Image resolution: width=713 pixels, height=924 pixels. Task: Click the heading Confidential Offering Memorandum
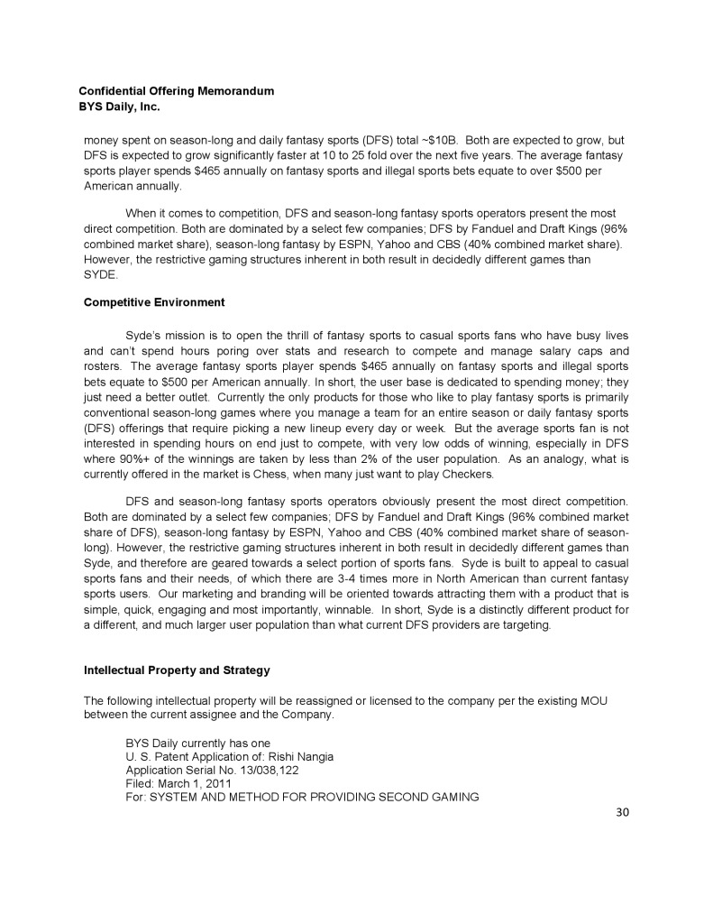[176, 91]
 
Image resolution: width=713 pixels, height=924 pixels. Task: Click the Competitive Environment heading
[154, 301]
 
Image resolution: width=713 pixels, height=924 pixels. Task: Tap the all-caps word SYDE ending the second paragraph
[97, 273]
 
